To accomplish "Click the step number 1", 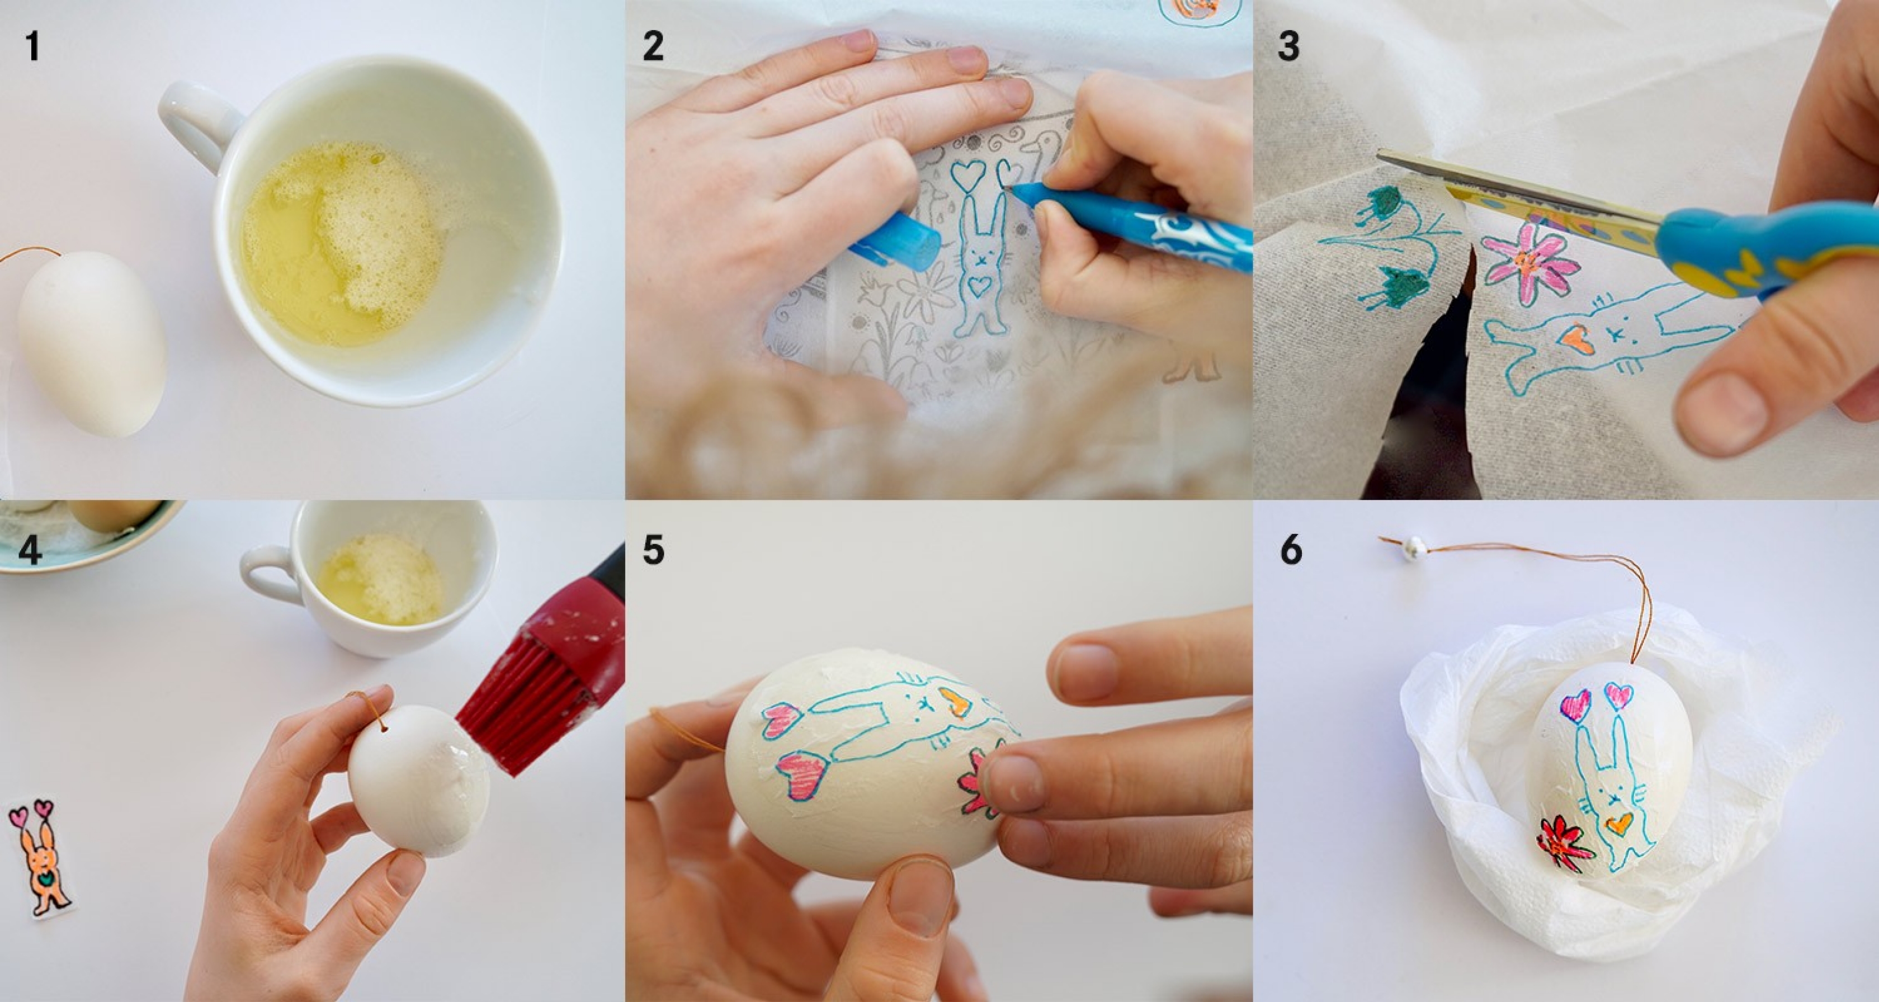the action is (32, 45).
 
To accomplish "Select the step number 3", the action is (1288, 45).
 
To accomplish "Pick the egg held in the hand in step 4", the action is (419, 781).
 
